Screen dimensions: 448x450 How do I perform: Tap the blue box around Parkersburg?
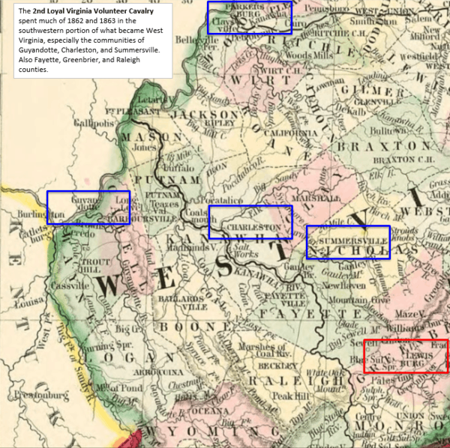pos(248,17)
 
